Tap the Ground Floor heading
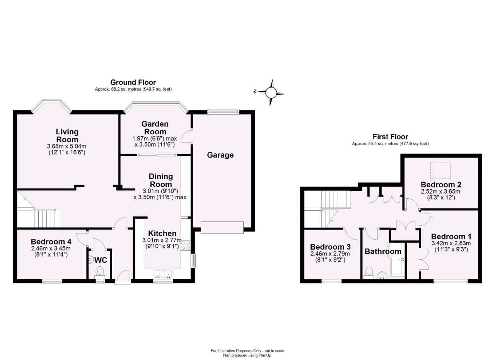click(x=133, y=82)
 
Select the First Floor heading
click(x=390, y=137)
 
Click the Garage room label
click(x=220, y=155)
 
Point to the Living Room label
click(x=67, y=135)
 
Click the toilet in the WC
click(x=100, y=271)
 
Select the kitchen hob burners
click(x=185, y=246)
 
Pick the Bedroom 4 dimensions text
click(x=51, y=252)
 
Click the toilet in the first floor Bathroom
click(x=369, y=273)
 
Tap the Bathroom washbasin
click(x=382, y=275)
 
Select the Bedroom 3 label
click(x=330, y=247)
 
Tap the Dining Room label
click(x=161, y=180)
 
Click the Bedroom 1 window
click(x=450, y=281)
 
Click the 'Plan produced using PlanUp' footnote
click(x=247, y=355)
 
